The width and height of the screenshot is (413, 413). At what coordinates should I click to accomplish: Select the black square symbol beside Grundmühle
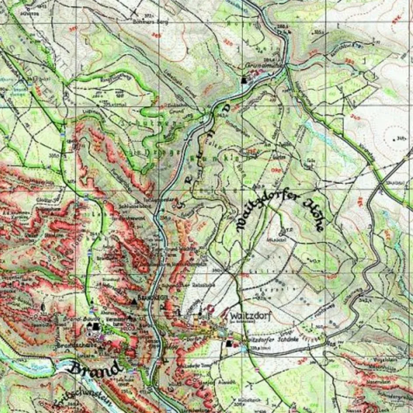coord(244,80)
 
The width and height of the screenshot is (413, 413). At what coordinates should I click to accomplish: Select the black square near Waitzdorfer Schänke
coord(228,343)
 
